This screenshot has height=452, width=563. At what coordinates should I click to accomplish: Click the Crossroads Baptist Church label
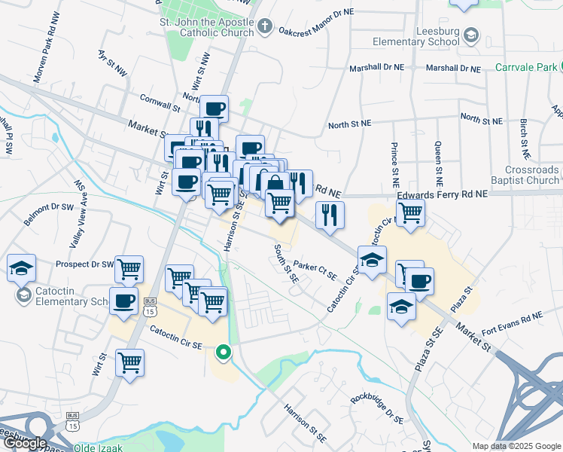pos(532,176)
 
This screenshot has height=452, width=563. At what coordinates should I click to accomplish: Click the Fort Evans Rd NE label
pos(512,320)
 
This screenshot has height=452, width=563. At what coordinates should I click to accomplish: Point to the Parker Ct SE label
pos(315,270)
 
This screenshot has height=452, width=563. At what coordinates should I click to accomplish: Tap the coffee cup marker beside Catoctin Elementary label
pos(123,301)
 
